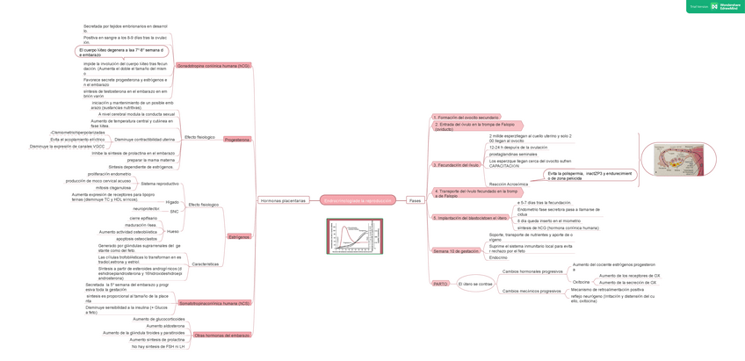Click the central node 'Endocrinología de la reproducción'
[358, 200]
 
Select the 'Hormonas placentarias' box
[283, 200]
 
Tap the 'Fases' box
[415, 200]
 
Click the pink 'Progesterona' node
[237, 140]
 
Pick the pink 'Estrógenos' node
[239, 237]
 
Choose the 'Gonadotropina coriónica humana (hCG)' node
[213, 66]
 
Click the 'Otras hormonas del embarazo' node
[222, 336]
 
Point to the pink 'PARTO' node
[440, 284]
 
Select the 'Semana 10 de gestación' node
[456, 251]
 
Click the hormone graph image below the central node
[355, 236]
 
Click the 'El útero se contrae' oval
[475, 284]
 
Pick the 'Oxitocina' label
[582, 282]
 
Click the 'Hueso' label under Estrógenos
[172, 232]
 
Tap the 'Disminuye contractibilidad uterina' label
[144, 139]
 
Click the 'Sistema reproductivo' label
[159, 184]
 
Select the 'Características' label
[205, 264]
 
